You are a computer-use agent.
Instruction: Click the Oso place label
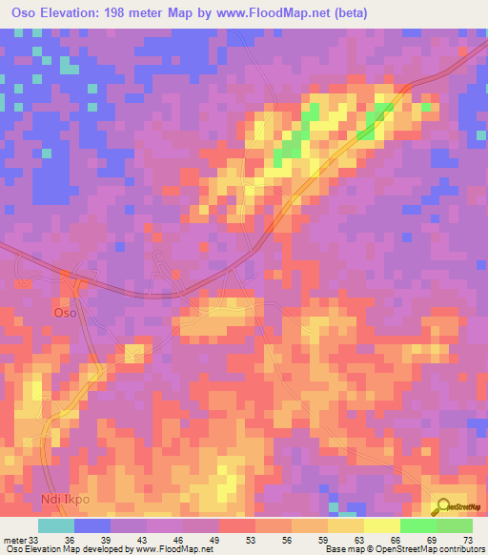pyautogui.click(x=65, y=312)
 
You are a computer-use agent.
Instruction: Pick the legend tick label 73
pyautogui.click(x=466, y=540)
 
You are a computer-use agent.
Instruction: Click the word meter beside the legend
pyautogui.click(x=15, y=540)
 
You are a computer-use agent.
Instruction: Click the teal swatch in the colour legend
pyautogui.click(x=56, y=525)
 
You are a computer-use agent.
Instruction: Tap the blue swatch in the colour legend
pyautogui.click(x=92, y=525)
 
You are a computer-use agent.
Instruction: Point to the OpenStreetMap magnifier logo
pyautogui.click(x=443, y=506)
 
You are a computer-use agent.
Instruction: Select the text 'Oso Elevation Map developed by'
pyautogui.click(x=68, y=550)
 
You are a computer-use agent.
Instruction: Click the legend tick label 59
pyautogui.click(x=325, y=540)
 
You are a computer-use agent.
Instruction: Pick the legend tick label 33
pyautogui.click(x=34, y=540)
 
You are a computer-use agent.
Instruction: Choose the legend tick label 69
pyautogui.click(x=434, y=540)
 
